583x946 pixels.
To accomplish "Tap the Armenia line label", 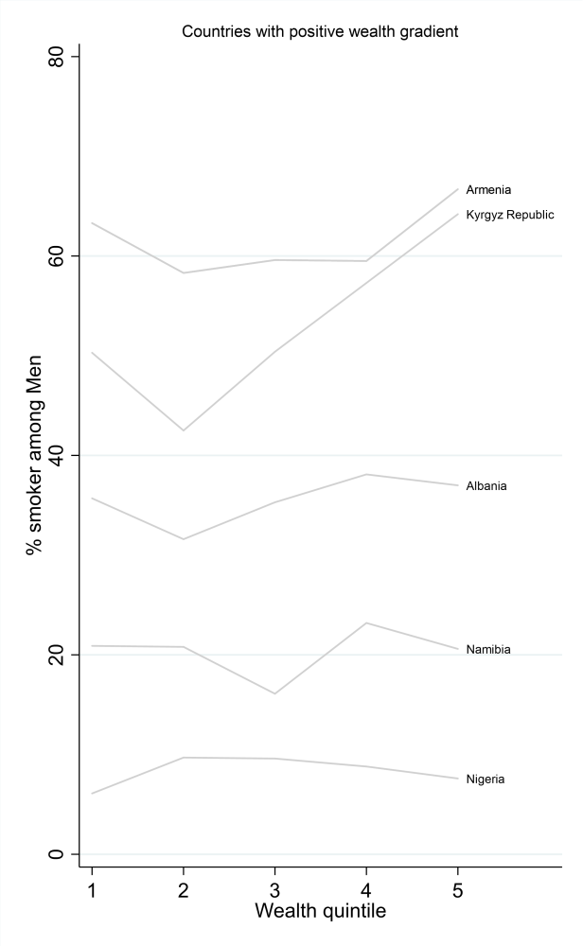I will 488,190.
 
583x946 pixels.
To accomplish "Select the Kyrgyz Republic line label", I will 509,215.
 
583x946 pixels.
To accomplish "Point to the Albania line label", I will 486,486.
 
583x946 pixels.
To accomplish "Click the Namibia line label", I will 488,650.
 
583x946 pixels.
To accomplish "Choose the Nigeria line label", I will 486,780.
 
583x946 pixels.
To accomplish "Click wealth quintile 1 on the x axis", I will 92,888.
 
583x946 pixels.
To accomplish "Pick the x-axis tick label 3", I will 274,888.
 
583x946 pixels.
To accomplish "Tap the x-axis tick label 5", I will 458,888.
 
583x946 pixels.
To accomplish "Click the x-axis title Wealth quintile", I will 320,913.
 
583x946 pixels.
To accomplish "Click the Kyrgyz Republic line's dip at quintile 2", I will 183,430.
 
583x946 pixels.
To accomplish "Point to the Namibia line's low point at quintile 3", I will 274,693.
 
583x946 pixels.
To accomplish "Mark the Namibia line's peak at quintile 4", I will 366,622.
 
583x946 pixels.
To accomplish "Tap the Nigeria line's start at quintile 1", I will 92,793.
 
